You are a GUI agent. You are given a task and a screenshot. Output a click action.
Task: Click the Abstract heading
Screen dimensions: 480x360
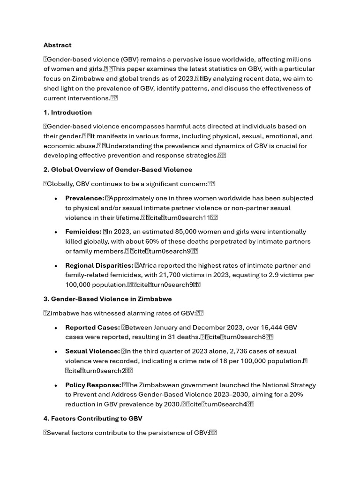pos(57,45)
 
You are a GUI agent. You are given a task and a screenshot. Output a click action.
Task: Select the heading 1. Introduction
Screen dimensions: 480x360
pos(67,112)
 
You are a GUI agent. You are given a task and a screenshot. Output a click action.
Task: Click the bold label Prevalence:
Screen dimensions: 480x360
pos(84,198)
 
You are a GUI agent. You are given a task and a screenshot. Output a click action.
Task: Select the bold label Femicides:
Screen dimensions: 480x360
pos(83,232)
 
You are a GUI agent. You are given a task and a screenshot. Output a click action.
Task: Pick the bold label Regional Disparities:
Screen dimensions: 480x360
pos(99,265)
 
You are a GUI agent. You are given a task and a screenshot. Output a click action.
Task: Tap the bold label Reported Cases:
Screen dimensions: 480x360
pos(92,328)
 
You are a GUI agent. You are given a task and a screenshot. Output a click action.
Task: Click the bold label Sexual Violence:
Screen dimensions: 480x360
pos(92,351)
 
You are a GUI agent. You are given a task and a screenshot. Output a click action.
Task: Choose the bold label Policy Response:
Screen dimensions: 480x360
pos(93,385)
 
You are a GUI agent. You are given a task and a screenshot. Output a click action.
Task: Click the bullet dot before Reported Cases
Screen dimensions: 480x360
pos(55,328)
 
